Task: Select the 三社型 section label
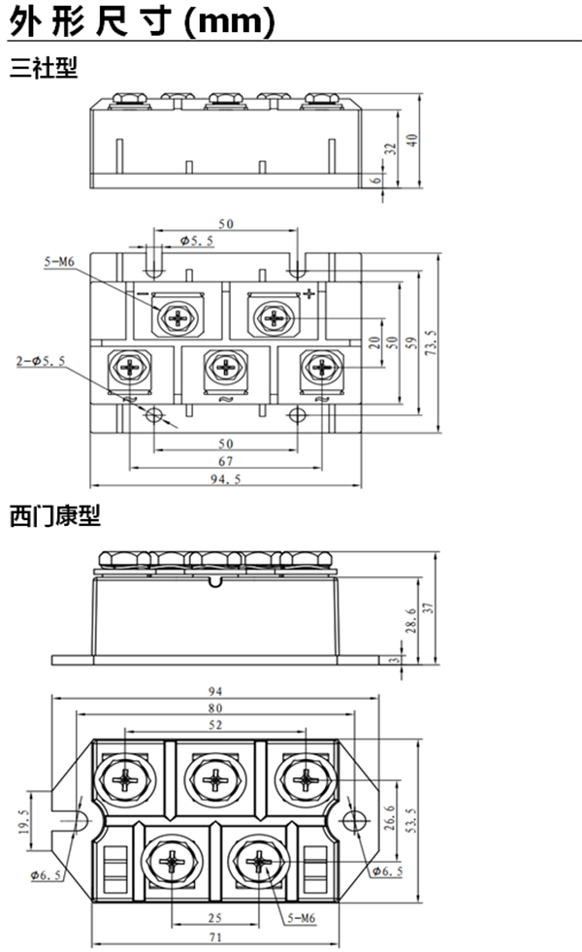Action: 43,69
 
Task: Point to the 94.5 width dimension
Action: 226,477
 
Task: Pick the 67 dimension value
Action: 226,460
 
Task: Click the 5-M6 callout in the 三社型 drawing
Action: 59,261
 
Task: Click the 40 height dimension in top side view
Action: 412,140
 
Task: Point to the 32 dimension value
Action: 391,149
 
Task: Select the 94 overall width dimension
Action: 214,691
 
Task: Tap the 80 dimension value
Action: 214,707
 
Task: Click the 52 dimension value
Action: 214,724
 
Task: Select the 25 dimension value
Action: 214,917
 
